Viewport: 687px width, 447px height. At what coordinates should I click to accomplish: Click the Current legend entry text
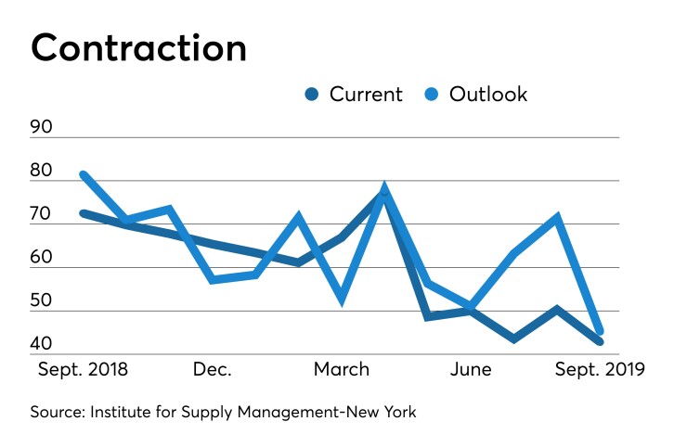(366, 94)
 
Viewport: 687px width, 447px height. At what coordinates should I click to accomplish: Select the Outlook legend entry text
(488, 94)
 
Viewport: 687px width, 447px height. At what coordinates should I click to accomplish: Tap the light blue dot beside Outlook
(433, 94)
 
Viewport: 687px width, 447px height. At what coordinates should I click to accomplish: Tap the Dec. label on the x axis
(213, 369)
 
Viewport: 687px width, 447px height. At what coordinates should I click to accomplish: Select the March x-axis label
(341, 369)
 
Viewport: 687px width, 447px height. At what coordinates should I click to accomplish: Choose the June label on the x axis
(471, 369)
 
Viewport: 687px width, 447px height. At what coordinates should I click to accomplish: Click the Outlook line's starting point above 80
(84, 174)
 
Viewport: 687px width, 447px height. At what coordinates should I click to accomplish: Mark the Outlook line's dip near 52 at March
(343, 300)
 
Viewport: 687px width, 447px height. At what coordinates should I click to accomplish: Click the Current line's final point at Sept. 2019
(600, 342)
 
